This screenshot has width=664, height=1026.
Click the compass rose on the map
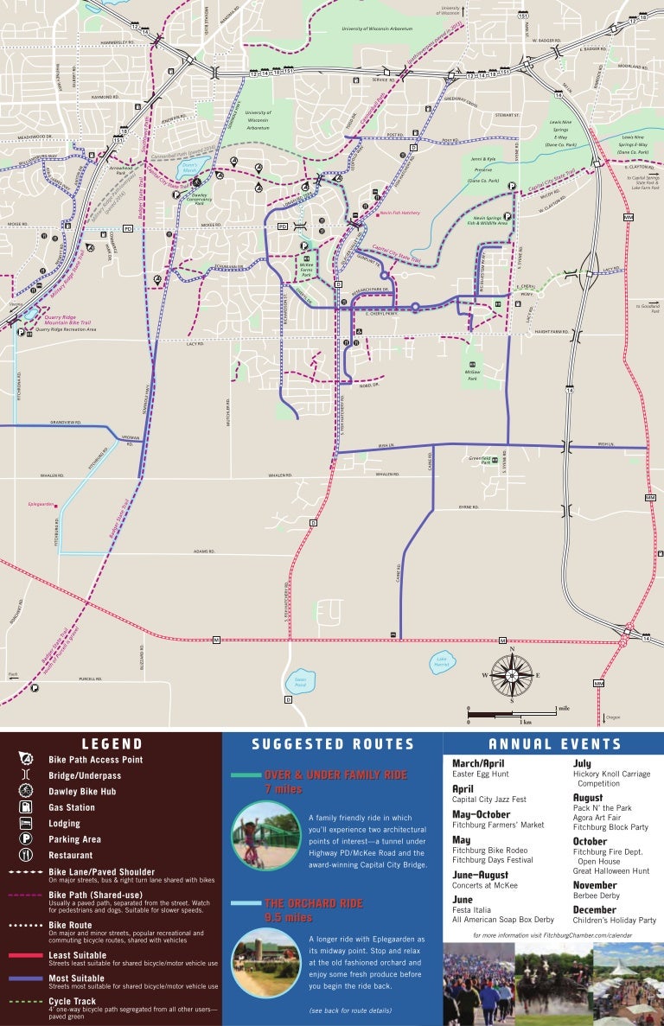(512, 675)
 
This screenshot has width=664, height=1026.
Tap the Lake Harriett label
(442, 663)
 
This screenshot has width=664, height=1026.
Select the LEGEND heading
(112, 743)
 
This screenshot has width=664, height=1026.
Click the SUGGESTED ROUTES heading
(333, 744)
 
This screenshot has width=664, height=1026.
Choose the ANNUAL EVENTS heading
(554, 744)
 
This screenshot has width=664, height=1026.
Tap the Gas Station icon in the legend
(25, 807)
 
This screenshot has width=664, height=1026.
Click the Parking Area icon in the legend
(25, 839)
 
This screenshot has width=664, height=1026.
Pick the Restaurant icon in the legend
(25, 855)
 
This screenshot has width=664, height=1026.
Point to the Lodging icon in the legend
(25, 823)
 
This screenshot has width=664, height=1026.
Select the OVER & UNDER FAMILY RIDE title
(335, 775)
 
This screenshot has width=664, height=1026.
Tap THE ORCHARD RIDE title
(314, 903)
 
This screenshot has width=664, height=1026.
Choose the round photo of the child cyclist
(259, 835)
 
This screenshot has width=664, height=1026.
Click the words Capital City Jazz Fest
(489, 800)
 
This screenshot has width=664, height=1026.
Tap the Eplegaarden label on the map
(41, 503)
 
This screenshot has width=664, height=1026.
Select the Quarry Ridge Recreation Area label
(71, 329)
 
